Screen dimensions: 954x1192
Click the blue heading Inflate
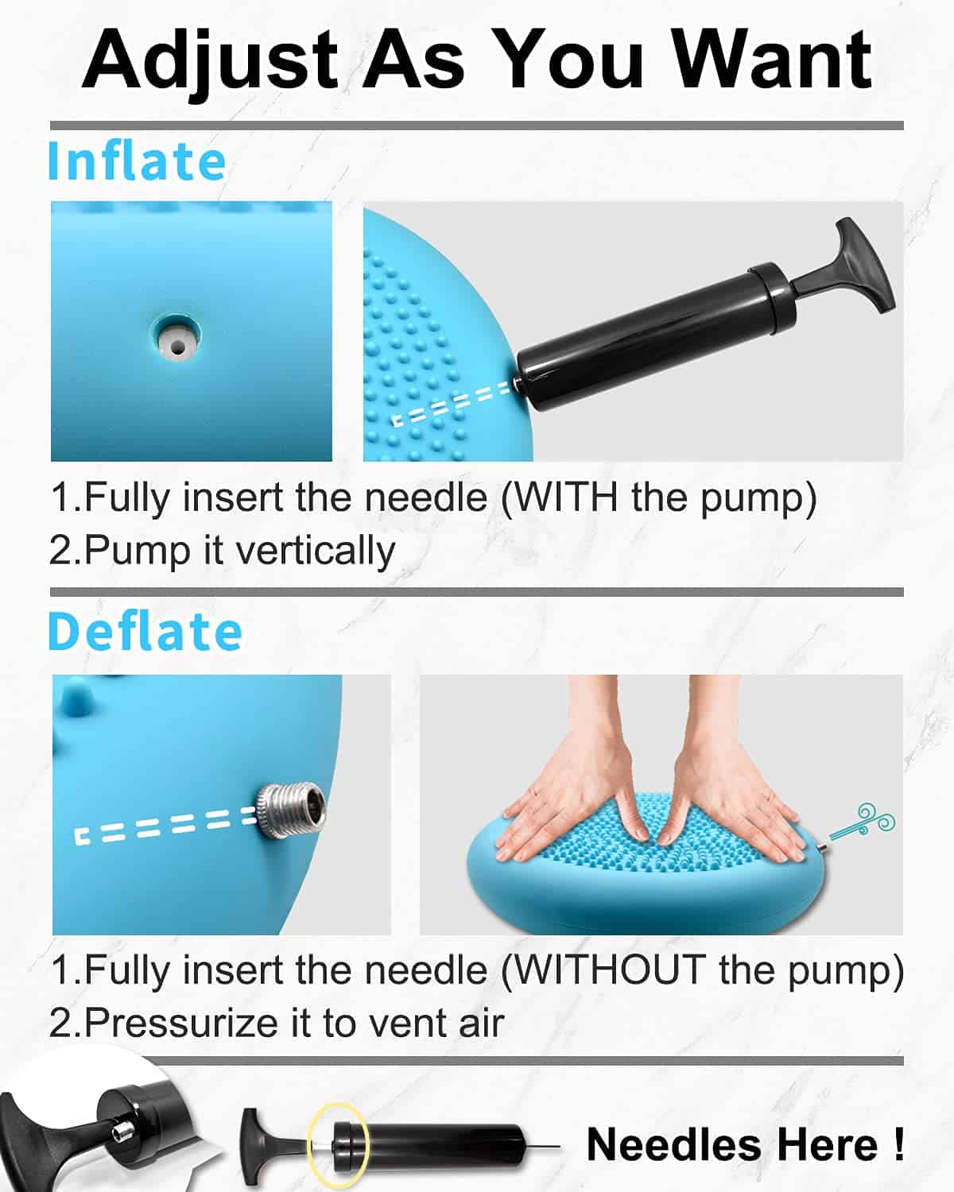click(x=137, y=161)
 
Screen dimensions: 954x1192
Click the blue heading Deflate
click(x=145, y=632)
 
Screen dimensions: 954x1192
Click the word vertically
click(x=316, y=551)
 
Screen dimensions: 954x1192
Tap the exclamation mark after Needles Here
click(x=899, y=1144)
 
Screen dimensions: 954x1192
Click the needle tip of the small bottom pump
click(x=559, y=1147)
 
